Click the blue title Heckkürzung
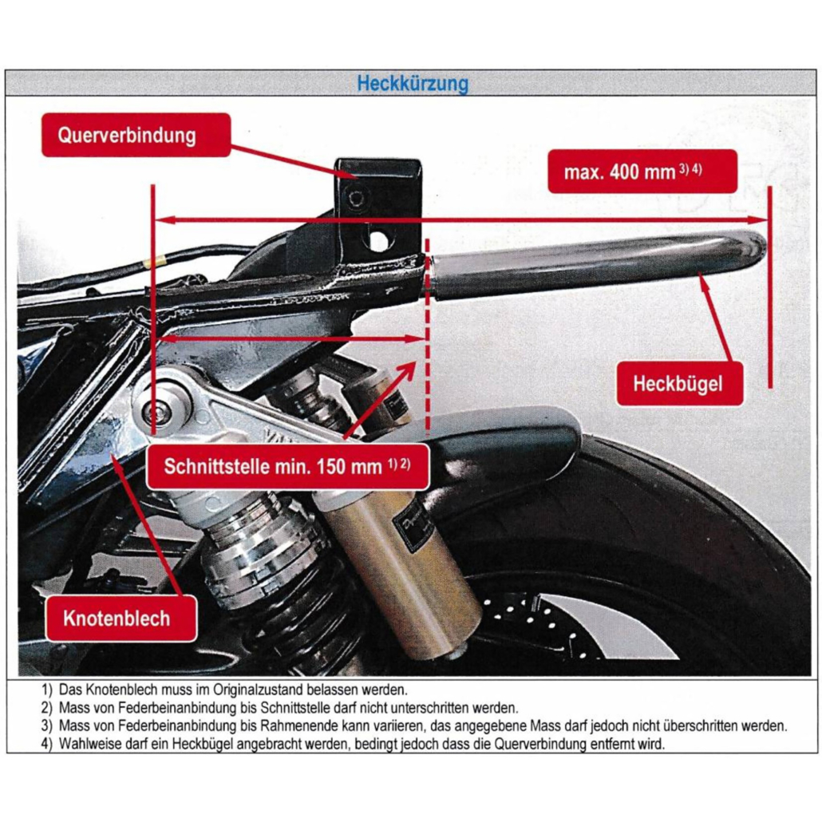(413, 83)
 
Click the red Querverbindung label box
(136, 135)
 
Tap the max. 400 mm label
(642, 172)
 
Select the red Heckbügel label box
(679, 383)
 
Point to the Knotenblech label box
(121, 618)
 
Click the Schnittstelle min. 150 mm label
(288, 467)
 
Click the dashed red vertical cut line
(428, 335)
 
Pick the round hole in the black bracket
(378, 240)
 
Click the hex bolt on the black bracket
(356, 198)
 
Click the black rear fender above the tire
(504, 441)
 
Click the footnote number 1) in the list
(47, 690)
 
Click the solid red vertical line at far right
(769, 287)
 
